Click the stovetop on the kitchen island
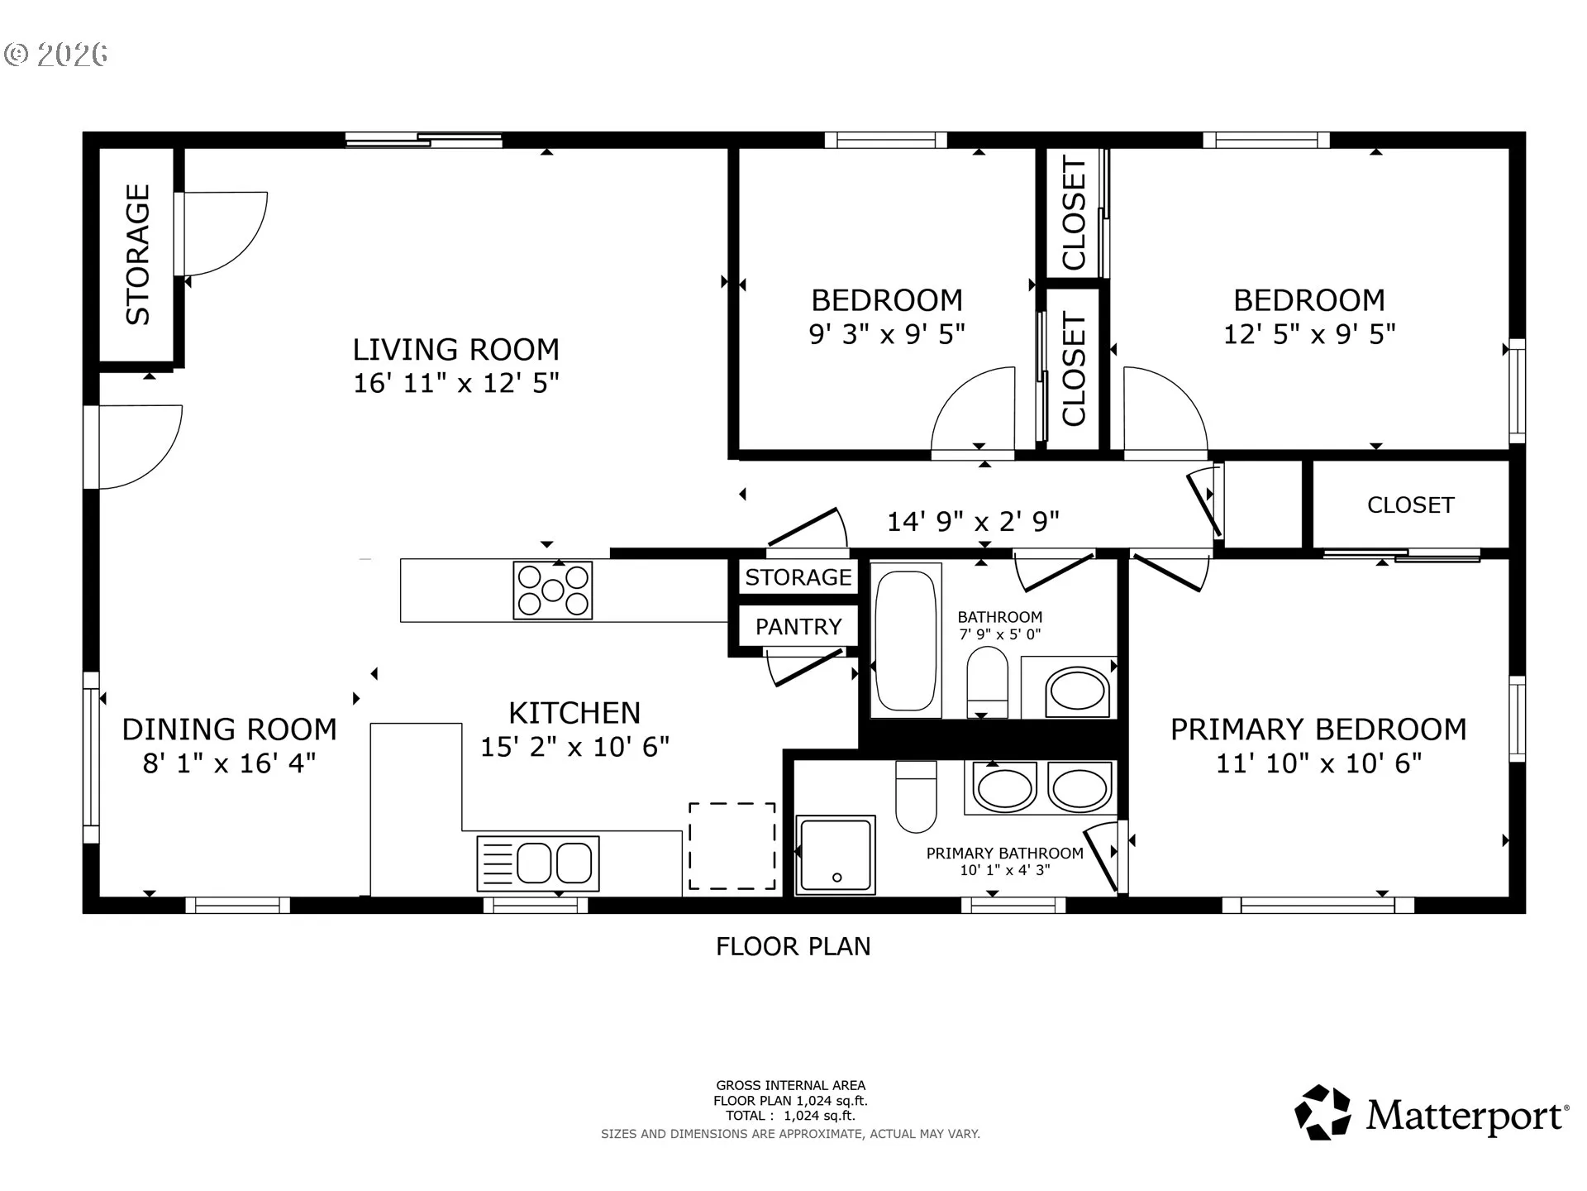(553, 590)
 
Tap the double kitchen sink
(538, 863)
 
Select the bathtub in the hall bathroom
(906, 641)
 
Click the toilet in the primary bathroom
(916, 796)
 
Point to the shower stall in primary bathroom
(835, 855)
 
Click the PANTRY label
(798, 627)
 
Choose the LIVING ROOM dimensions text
(456, 383)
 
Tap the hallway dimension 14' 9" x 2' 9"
(973, 521)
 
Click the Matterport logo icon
(1322, 1112)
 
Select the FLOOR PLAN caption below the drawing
(793, 946)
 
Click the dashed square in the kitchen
(732, 846)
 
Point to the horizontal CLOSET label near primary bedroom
(1410, 505)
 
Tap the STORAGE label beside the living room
(138, 254)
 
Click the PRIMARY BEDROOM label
(1318, 729)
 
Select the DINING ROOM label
(230, 729)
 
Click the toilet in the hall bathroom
(987, 682)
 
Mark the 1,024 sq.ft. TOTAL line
(791, 1116)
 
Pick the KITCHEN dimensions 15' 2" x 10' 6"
(575, 747)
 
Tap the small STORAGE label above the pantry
(798, 577)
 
